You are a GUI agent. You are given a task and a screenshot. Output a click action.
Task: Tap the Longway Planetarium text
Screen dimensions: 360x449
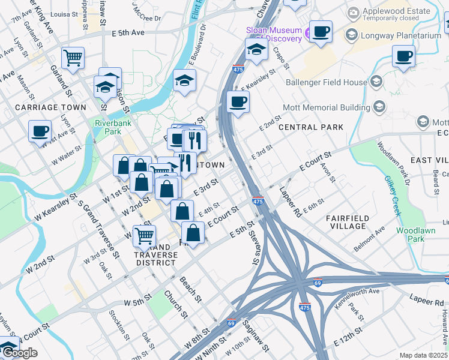(400, 35)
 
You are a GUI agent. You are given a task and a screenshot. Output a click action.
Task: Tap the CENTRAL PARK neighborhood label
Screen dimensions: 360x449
(311, 127)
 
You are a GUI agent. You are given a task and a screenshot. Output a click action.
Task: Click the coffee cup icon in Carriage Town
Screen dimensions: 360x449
(40, 131)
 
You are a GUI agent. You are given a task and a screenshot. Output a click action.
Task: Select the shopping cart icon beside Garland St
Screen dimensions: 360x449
(73, 58)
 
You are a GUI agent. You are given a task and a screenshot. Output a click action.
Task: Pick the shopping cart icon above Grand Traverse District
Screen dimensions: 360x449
(144, 235)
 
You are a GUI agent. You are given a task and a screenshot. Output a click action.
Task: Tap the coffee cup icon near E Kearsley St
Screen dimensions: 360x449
(238, 101)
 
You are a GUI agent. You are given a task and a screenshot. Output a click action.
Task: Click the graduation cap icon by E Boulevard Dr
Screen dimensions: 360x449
(184, 79)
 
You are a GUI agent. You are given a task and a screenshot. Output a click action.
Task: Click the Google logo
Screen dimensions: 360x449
(20, 353)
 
